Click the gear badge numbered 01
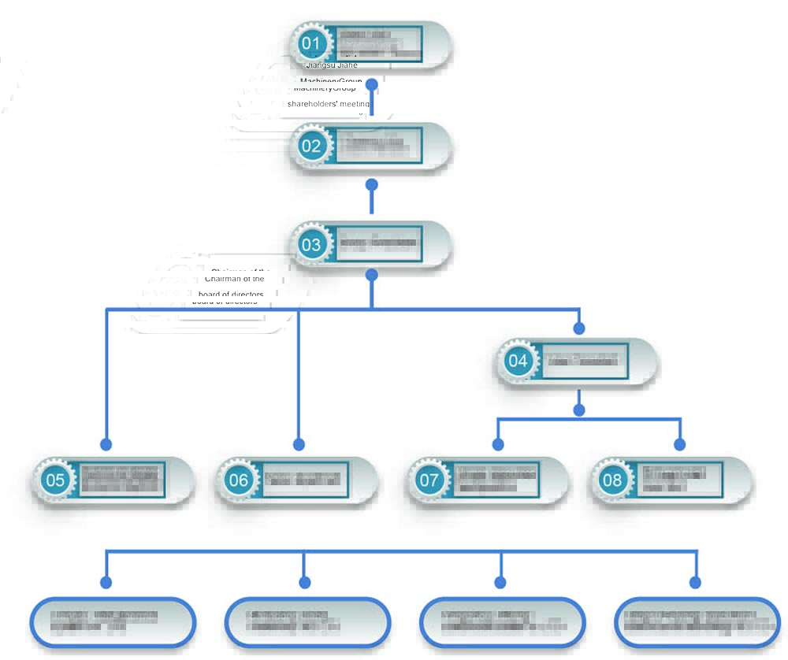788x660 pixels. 311,43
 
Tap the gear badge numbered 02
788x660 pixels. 311,146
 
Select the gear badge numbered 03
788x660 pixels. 311,244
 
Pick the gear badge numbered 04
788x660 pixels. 518,362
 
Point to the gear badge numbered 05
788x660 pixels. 55,480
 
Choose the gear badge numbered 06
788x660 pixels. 239,480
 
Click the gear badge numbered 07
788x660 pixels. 429,480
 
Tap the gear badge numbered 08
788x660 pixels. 613,480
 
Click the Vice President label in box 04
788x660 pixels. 584,361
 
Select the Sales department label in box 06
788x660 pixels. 303,479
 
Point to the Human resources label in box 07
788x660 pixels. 496,474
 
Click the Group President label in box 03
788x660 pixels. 377,243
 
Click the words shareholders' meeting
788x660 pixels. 328,103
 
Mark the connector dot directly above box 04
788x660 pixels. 580,328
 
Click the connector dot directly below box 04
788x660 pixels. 580,410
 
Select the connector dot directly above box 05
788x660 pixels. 106,445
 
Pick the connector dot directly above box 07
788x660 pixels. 498,445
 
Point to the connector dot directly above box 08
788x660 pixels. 681,445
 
